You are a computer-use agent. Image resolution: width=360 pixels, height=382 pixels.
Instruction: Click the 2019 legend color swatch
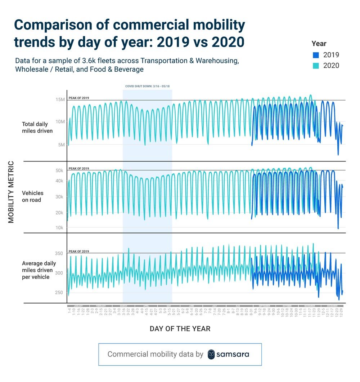tap(316, 55)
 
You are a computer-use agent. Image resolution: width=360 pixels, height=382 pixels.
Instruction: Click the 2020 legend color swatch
tap(316, 66)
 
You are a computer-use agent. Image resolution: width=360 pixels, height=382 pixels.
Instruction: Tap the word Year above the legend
tap(319, 43)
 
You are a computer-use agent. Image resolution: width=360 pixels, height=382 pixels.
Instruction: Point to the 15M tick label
tap(59, 99)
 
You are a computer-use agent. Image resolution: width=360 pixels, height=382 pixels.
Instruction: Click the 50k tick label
tap(59, 170)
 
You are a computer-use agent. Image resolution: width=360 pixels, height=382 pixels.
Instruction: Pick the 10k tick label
tap(59, 227)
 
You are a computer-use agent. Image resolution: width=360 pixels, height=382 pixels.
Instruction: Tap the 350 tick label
tap(59, 253)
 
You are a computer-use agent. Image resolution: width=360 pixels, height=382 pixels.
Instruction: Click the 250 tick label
tap(59, 292)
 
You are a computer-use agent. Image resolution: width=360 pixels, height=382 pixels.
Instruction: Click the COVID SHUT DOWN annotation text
tap(147, 86)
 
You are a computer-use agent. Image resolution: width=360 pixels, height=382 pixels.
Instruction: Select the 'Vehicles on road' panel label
tap(31, 196)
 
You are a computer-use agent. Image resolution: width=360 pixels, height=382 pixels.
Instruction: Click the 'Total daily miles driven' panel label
tap(37, 128)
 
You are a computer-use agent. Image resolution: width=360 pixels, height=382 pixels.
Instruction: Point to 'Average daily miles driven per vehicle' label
tap(37, 270)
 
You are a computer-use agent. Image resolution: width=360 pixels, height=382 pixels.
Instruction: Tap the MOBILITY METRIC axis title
tap(11, 192)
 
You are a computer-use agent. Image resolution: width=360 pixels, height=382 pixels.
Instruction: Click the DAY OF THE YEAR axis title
tap(180, 329)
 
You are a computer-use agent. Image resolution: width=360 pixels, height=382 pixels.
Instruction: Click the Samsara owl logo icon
tap(212, 354)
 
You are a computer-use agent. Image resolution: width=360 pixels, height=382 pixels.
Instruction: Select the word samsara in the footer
tap(233, 354)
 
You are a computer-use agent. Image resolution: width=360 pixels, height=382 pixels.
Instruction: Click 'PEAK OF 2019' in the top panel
tap(78, 98)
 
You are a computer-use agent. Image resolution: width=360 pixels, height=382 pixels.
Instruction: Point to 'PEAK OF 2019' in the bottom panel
tap(78, 251)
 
